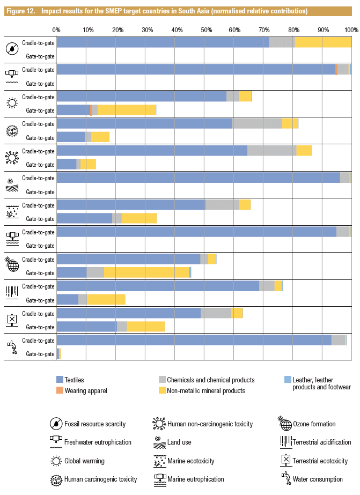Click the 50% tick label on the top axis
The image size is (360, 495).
tap(204, 30)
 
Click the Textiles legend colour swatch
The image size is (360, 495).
tap(60, 380)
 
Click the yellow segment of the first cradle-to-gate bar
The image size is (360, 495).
tap(322, 43)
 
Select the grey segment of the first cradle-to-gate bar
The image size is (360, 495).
tap(282, 43)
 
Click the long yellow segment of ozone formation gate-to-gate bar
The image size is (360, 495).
tap(146, 272)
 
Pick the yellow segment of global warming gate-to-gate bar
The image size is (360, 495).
tap(127, 110)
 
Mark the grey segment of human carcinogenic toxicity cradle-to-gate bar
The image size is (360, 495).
tap(257, 124)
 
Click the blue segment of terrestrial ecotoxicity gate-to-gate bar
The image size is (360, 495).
tap(86, 327)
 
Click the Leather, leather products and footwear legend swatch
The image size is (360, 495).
tap(288, 380)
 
